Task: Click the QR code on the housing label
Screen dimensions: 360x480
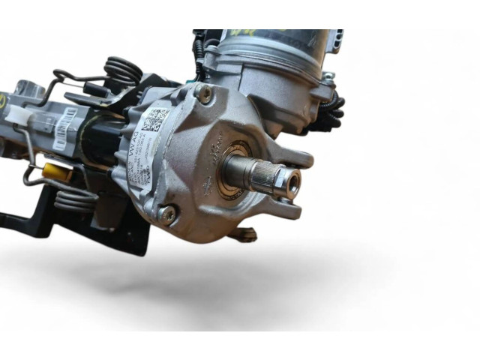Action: [x=156, y=119]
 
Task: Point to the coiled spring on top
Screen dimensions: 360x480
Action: [x=123, y=72]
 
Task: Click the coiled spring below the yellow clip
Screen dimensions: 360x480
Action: [x=76, y=199]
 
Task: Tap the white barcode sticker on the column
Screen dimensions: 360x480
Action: [x=65, y=127]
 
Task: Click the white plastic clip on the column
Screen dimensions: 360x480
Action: [x=18, y=112]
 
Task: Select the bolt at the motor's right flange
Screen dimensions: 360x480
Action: [x=328, y=77]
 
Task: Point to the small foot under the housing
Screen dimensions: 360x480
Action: [x=244, y=235]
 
